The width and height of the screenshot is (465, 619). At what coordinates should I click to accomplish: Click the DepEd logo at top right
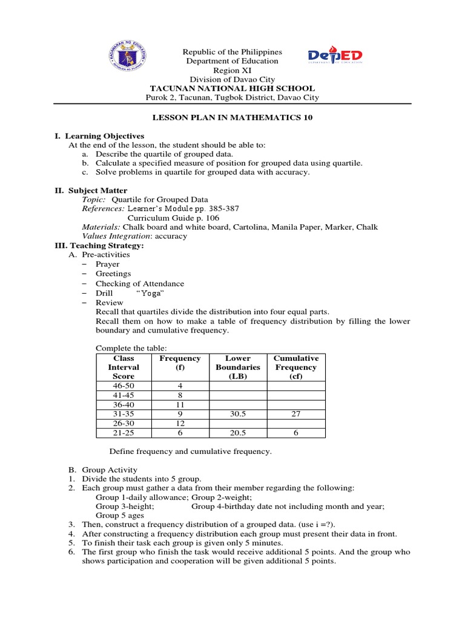coord(335,56)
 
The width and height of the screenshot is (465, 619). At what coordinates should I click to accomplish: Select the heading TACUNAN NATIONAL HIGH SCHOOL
coord(232,88)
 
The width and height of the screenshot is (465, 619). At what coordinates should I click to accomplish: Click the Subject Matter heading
coord(96,190)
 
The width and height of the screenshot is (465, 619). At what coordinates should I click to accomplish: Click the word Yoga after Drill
coord(134,293)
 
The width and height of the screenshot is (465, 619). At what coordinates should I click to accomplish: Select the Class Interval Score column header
coord(124,367)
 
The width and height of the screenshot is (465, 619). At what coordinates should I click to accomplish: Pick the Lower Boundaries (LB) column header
coord(238,367)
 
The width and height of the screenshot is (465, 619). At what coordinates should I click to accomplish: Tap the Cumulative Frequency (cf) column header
coord(296,367)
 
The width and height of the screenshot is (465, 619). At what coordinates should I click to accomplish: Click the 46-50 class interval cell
coord(124,386)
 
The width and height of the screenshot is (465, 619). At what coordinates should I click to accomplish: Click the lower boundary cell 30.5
coord(238,414)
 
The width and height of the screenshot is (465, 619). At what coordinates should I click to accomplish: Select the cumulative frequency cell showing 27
coord(296,414)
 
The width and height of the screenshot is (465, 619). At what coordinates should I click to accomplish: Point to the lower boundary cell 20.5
coord(238,433)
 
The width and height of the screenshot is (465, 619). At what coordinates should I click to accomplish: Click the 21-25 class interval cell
coord(124,433)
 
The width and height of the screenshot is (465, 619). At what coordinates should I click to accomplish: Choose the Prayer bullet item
coord(107,264)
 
